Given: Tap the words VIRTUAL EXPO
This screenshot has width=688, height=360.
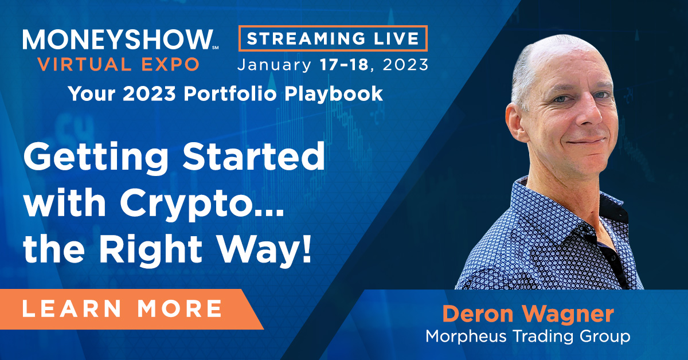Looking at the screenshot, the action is pos(119,64).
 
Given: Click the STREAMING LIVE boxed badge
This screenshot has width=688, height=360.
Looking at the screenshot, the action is pos(333,38).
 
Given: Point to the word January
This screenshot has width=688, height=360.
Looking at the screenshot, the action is pos(274,65).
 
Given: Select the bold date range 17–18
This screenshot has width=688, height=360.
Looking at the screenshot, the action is pos(344,65).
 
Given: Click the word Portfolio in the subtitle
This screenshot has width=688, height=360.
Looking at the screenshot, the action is pos(230,93).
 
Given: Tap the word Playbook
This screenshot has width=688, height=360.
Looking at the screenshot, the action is pos(334,93).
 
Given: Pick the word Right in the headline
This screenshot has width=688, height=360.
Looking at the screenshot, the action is pos(151,249).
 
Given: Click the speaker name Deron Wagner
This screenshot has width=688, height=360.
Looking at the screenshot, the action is pos(528,314).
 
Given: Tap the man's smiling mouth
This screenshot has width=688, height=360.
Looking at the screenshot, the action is pos(586,142).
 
